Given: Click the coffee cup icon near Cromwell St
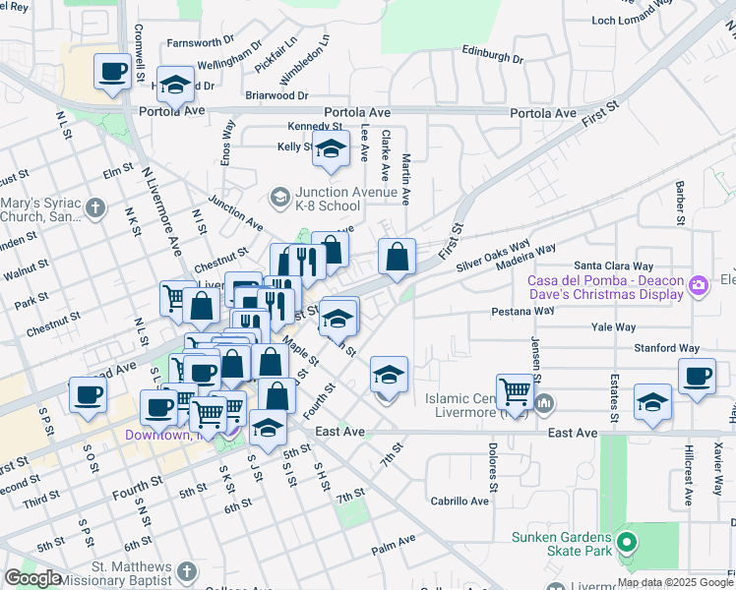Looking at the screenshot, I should (112, 72).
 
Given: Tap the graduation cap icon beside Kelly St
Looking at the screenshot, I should (332, 149).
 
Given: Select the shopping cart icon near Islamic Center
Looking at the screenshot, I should (514, 391).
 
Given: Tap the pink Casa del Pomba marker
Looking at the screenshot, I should (699, 286).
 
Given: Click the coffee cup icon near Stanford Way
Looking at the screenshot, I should (697, 376).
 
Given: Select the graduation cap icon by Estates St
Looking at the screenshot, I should (651, 402).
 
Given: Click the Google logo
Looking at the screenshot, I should (32, 577).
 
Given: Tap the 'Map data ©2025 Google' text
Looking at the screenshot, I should (676, 582).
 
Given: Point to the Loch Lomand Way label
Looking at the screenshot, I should (631, 21).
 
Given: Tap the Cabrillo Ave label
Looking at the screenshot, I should (460, 501).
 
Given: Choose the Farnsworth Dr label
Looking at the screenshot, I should (200, 43).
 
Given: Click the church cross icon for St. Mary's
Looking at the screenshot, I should (95, 207).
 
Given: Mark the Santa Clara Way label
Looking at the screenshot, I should (614, 265).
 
